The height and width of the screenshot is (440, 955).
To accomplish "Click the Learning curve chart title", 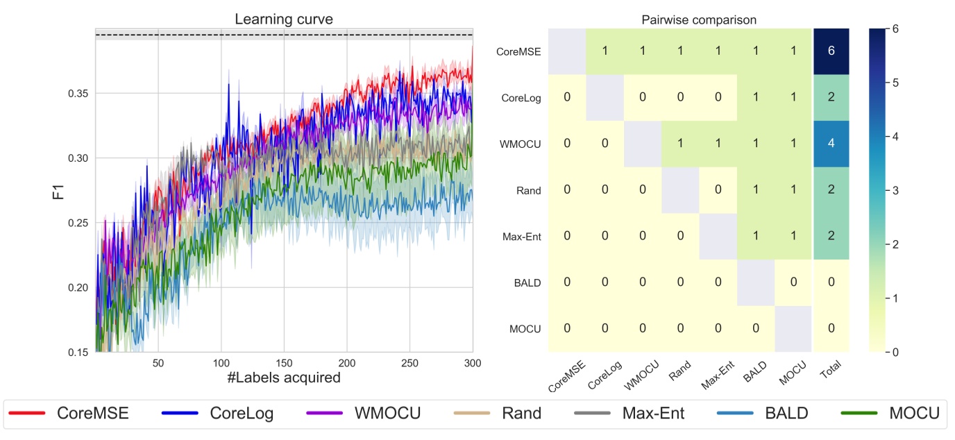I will (283, 19).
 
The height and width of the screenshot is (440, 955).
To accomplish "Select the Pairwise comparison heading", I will (698, 20).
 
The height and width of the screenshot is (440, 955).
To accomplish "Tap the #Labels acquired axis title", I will (283, 378).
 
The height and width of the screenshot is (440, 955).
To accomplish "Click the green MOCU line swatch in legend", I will (861, 414).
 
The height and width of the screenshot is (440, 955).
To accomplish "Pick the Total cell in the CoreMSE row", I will (831, 51).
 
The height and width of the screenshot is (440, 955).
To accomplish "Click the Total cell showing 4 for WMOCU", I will (831, 144).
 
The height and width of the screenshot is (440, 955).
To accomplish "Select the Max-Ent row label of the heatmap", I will (522, 236).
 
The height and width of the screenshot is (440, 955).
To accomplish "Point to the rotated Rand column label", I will (677, 374).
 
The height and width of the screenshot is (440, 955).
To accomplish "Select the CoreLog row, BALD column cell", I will (755, 97).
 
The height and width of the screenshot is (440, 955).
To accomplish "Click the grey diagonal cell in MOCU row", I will (793, 328).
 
